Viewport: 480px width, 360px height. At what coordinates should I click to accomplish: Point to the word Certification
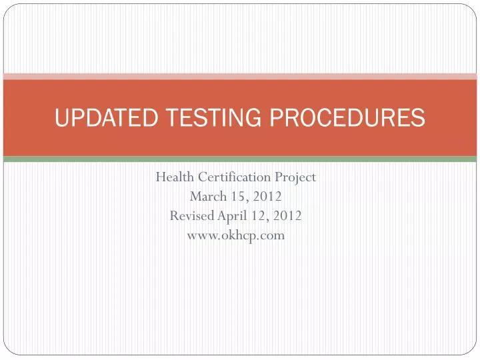click(x=233, y=177)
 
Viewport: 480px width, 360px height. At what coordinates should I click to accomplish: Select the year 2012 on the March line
click(x=267, y=197)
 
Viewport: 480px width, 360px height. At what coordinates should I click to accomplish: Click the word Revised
click(x=192, y=216)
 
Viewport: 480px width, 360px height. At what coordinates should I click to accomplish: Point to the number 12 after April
click(x=258, y=216)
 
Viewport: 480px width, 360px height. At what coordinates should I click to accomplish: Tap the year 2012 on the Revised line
click(x=288, y=216)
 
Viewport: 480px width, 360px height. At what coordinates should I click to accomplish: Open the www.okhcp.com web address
click(x=236, y=235)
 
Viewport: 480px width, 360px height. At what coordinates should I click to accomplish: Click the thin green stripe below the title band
click(x=240, y=159)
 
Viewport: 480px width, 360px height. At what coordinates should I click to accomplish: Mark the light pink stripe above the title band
click(x=240, y=77)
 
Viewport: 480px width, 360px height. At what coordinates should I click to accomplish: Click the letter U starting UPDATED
click(x=61, y=118)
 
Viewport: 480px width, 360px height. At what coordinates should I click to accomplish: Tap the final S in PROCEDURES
click(x=419, y=118)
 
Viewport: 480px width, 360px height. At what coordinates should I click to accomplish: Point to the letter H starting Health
click(x=161, y=177)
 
